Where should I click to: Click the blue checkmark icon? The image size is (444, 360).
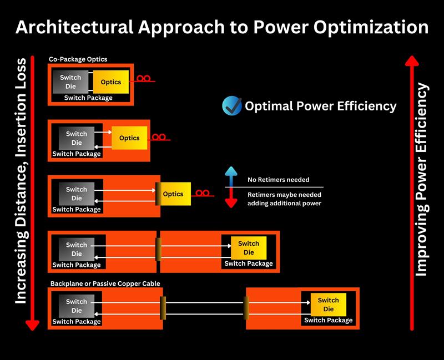coord(232,105)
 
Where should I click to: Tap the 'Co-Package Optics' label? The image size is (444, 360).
coord(78,59)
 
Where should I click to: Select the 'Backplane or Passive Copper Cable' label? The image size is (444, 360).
coord(105,283)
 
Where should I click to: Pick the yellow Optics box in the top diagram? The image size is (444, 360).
coord(111,82)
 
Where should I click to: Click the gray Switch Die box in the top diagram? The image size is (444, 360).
coord(70,82)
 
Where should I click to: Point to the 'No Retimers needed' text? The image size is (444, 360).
coord(279,180)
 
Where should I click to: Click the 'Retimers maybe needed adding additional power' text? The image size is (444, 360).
coord(284,199)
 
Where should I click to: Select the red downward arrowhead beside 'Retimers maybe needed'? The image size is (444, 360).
coord(231,203)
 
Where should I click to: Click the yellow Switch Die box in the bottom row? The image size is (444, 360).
coord(329,305)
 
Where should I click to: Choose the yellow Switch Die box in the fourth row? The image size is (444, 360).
coord(249,248)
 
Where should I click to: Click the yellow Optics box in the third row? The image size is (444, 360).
coord(173,194)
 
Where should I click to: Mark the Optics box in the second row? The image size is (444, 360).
coord(129,138)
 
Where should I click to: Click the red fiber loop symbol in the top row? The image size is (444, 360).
coord(144,78)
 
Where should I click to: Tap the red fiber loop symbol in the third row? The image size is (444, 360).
coord(203,193)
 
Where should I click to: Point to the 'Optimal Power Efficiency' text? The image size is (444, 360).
coord(321,106)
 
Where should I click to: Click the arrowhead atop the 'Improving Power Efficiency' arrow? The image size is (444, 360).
coord(412,60)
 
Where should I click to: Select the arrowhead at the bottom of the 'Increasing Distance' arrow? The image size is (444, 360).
coord(32,326)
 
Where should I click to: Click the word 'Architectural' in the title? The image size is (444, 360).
coord(74,27)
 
